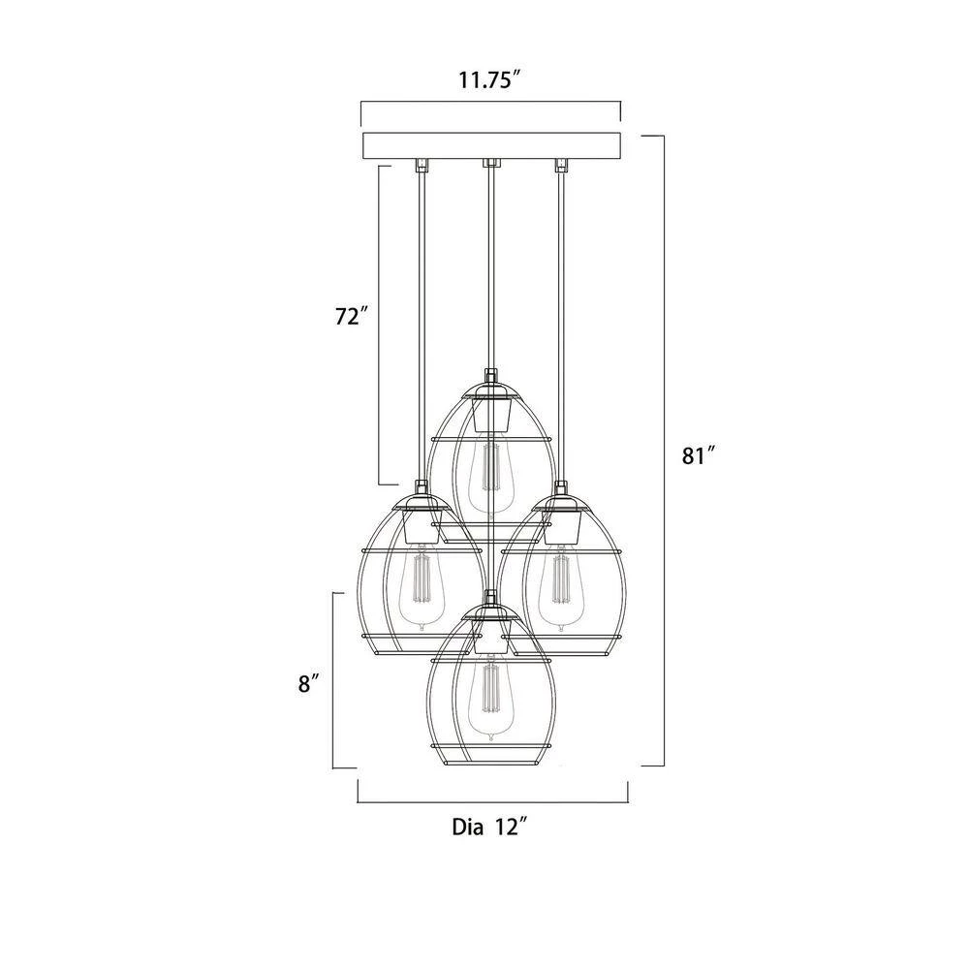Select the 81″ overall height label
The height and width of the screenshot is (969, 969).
click(699, 456)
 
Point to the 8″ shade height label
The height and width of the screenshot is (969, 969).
click(309, 684)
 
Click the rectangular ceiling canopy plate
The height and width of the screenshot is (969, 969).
click(491, 144)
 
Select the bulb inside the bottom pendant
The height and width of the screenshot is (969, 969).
click(490, 702)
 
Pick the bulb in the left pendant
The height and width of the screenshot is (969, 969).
click(422, 587)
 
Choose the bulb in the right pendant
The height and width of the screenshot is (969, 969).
click(560, 587)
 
